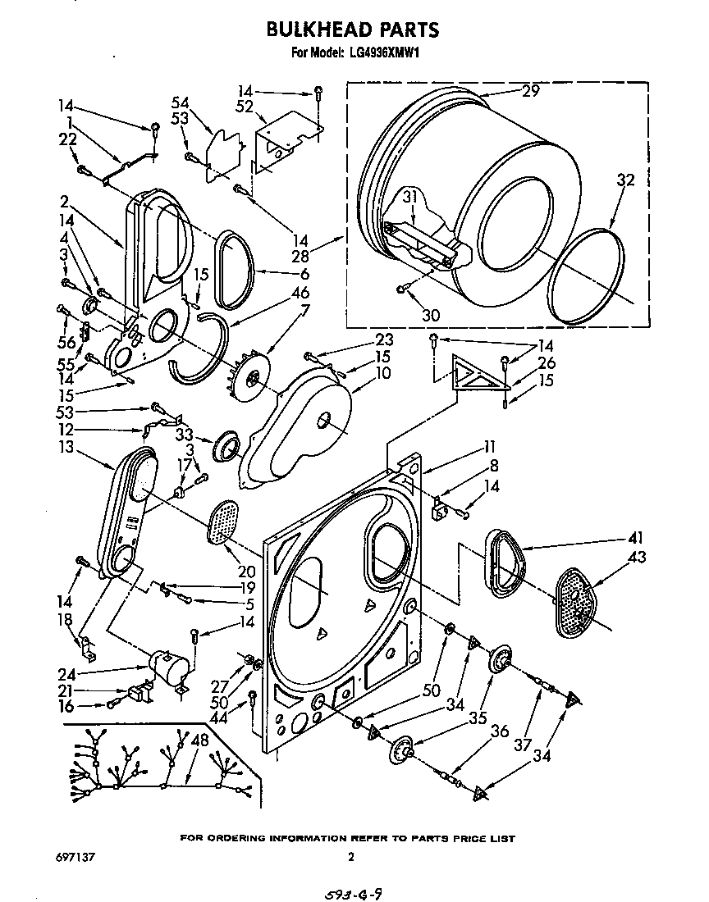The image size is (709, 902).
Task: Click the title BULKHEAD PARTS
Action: [x=353, y=30]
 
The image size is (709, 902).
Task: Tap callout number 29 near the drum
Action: [x=530, y=92]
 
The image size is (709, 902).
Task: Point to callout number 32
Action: [x=625, y=183]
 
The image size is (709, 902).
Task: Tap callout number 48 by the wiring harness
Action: [x=199, y=740]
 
